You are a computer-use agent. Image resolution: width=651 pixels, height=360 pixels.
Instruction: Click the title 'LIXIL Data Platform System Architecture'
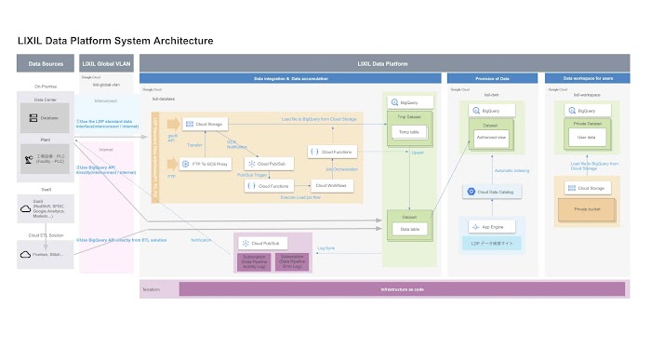point(116,41)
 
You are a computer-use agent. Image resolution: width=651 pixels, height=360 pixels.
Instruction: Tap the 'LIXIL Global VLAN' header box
point(106,65)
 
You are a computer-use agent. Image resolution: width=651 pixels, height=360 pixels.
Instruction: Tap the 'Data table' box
point(409,227)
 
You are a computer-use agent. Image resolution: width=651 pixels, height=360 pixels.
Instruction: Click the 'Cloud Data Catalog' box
point(492,192)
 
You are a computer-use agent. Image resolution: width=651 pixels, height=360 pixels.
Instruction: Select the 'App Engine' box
point(492,226)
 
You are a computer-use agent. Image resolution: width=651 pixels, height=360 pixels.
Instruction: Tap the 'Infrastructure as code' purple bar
point(400,290)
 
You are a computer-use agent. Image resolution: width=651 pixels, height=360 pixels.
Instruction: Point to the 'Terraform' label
point(152,289)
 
